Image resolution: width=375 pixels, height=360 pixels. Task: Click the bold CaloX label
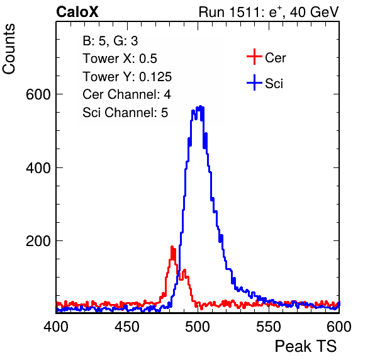(77, 12)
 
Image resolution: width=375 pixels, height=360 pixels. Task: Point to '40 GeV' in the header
(314, 12)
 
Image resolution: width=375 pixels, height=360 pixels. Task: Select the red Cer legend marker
(254, 57)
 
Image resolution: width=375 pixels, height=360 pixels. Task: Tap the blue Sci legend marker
(254, 82)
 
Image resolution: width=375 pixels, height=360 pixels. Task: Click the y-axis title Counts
(9, 49)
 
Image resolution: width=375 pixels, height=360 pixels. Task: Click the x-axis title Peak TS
(306, 346)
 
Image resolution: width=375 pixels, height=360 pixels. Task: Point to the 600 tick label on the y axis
(38, 94)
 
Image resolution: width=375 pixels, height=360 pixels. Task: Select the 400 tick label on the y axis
(38, 167)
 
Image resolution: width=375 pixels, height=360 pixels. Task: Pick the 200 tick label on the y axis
(38, 241)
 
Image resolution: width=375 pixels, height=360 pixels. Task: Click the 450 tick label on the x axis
(126, 326)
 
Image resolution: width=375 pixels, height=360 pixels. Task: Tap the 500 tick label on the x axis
(198, 326)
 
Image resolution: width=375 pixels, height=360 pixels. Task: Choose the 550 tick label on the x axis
(268, 326)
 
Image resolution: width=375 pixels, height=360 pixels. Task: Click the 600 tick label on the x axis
(339, 326)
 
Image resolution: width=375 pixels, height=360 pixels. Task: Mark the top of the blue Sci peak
(201, 106)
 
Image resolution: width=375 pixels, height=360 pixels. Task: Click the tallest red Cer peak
(172, 247)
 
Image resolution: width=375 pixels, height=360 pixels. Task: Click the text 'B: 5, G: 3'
(110, 41)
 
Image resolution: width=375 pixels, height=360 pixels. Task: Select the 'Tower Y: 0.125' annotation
(127, 77)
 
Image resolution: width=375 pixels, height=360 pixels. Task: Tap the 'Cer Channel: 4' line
(126, 94)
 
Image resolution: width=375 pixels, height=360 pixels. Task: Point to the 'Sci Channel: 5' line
(125, 112)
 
